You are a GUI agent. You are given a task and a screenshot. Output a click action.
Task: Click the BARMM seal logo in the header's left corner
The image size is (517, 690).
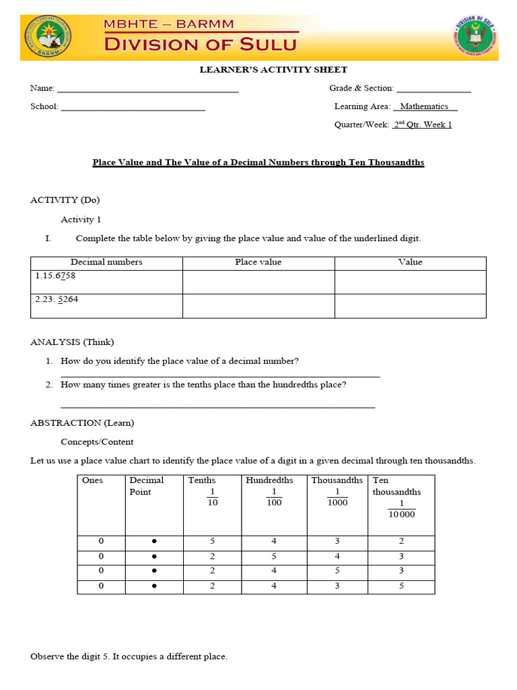(49, 37)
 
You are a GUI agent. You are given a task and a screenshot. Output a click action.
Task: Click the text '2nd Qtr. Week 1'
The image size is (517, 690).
(422, 125)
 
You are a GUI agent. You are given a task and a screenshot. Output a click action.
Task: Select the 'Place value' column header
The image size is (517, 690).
(258, 262)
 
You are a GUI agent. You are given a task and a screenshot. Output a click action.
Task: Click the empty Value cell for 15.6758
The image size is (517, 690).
(410, 282)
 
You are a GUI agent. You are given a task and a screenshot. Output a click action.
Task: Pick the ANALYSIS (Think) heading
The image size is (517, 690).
(67, 342)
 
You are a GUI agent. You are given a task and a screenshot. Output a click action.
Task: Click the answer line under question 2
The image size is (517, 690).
(217, 406)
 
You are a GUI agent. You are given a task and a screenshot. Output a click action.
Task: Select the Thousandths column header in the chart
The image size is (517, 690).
(337, 480)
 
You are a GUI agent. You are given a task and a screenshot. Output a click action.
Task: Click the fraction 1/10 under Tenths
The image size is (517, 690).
(213, 497)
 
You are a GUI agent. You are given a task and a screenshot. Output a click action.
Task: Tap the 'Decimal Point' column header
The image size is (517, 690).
(147, 486)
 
